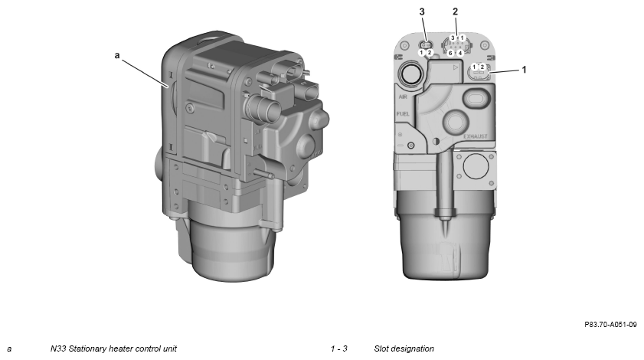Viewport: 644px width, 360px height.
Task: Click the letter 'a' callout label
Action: pos(117,55)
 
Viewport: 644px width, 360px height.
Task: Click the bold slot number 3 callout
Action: pos(422,12)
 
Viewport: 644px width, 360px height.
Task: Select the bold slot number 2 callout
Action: pos(455,11)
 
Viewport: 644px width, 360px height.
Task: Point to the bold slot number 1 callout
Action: pos(524,70)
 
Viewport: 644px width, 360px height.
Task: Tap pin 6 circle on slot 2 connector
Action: pos(450,53)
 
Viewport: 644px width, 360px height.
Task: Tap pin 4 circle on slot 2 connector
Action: pos(460,53)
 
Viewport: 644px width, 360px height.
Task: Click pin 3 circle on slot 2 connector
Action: pos(453,38)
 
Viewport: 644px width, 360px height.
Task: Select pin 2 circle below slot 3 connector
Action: pos(430,53)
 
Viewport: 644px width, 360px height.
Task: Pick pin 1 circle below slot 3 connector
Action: pos(422,53)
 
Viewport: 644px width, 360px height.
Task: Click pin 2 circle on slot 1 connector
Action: pos(482,67)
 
